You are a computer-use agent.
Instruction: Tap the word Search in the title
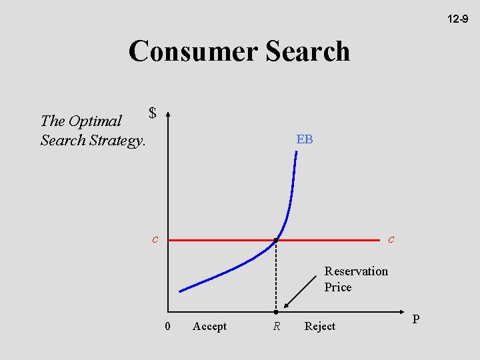tap(307, 51)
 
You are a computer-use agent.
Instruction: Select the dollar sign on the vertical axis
tap(153, 113)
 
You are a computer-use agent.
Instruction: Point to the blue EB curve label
tap(305, 139)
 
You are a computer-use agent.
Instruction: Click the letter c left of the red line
tap(155, 239)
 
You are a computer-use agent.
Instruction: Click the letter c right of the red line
tap(391, 239)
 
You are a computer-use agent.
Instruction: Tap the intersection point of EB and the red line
tap(276, 239)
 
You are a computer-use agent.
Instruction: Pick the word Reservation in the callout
tap(356, 271)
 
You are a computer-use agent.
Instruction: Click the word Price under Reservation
tap(338, 287)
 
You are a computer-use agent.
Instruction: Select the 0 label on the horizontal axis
tap(167, 326)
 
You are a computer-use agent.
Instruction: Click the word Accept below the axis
tap(209, 326)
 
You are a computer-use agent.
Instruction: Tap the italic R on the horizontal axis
tap(275, 326)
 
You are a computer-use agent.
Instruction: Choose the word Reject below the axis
tap(319, 326)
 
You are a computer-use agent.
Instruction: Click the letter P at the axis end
tap(416, 319)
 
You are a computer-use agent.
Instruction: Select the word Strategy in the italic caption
tap(116, 140)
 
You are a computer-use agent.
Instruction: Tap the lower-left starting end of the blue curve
tap(181, 291)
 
